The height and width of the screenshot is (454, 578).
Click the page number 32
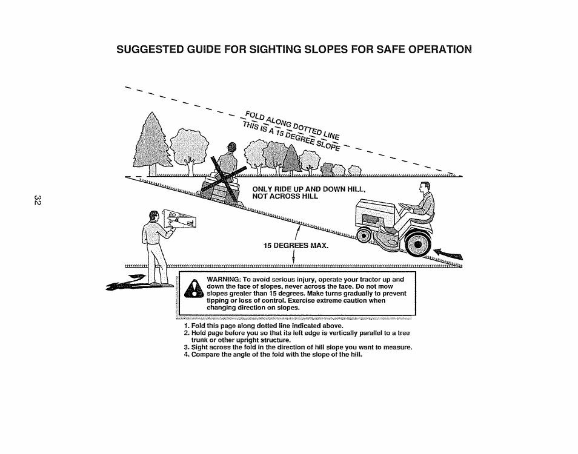38,200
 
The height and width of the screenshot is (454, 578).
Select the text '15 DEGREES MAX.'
295,246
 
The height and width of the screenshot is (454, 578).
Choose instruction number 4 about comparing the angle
276,354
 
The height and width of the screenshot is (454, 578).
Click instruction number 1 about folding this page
263,326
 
